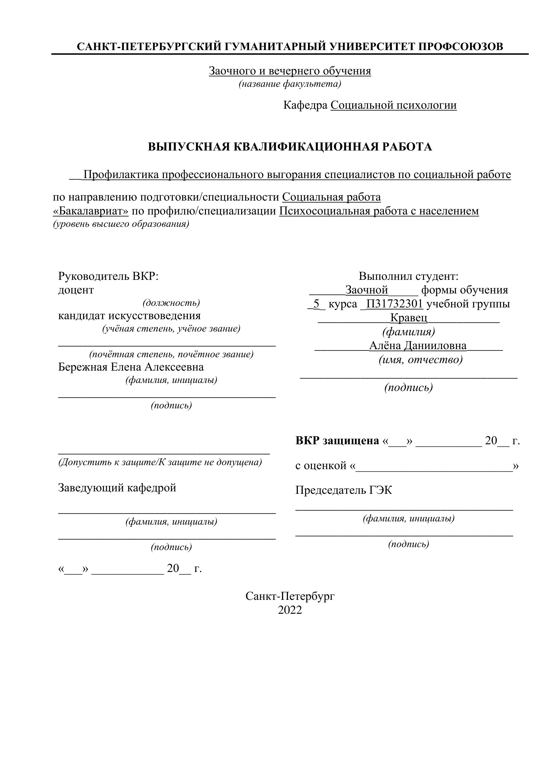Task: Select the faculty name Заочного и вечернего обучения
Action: [290, 71]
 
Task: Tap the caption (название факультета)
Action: [290, 84]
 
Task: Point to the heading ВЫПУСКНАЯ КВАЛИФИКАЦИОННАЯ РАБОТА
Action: [290, 147]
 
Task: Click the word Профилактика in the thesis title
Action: [121, 175]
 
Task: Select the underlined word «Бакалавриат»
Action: [91, 211]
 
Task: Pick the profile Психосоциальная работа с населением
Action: [379, 211]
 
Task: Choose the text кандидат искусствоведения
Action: [129, 315]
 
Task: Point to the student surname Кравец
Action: [408, 318]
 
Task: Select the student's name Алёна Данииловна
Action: [418, 346]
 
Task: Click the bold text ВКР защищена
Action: [337, 441]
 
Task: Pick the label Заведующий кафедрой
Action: [117, 488]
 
